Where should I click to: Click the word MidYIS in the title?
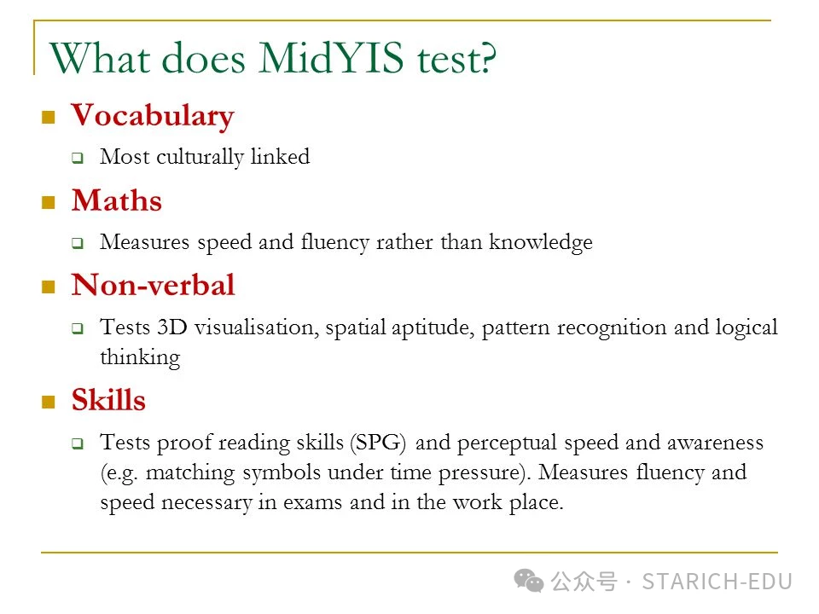pyautogui.click(x=331, y=57)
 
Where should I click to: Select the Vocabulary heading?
pyautogui.click(x=153, y=116)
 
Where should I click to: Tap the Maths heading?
pyautogui.click(x=117, y=200)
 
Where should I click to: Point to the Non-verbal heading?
pyautogui.click(x=153, y=285)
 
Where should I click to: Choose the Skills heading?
pyautogui.click(x=108, y=400)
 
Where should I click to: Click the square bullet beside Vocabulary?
pyautogui.click(x=49, y=117)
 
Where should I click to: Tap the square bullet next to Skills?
pyautogui.click(x=49, y=402)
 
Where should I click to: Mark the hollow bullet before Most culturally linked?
pyautogui.click(x=78, y=158)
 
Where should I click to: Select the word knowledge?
pyautogui.click(x=541, y=242)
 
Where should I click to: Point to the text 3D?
pyautogui.click(x=171, y=327)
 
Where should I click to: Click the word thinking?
pyautogui.click(x=140, y=357)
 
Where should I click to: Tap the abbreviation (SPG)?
pyautogui.click(x=378, y=443)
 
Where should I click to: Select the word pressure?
pyautogui.click(x=480, y=473)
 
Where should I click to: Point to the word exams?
pyautogui.click(x=312, y=502)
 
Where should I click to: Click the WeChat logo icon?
pyautogui.click(x=529, y=581)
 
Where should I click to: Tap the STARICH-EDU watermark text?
pyautogui.click(x=717, y=582)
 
